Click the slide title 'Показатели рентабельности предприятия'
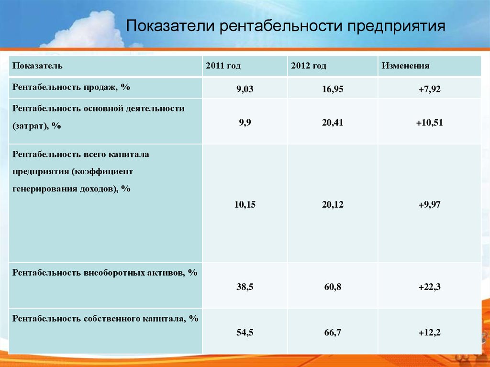285,26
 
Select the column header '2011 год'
223,66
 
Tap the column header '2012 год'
309,66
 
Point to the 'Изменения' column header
405,66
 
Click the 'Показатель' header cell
37,66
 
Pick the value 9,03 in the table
245,89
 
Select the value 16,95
333,89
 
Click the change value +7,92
429,89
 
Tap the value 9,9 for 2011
245,122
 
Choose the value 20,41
333,122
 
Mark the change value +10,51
429,122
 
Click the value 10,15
245,205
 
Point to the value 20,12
333,205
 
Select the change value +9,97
429,205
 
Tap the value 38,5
245,287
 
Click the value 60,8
333,287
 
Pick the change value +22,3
429,287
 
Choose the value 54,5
245,333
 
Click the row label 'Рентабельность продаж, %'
71,87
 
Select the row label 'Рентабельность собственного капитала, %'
105,319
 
